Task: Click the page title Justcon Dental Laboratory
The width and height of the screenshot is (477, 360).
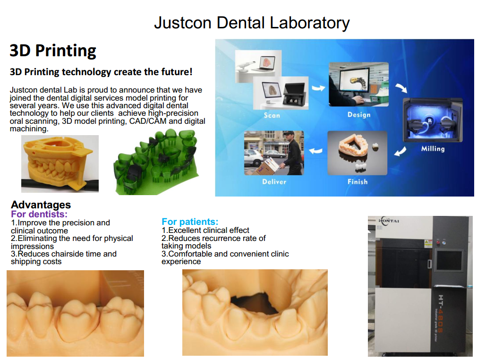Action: coord(252,23)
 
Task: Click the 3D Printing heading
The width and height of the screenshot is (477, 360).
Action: coord(53,51)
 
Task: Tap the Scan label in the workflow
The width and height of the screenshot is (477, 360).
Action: coord(272,115)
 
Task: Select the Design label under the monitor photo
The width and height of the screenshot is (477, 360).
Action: coord(359,115)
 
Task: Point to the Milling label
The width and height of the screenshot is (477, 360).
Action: coord(433,149)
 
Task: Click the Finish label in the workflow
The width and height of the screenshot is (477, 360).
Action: coord(358,182)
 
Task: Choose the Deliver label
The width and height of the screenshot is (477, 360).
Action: coord(274,182)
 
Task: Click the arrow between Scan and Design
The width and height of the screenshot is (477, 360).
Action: coord(318,88)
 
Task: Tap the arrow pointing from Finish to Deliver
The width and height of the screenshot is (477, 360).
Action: coord(316,151)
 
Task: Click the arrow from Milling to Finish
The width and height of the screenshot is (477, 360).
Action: coord(400,151)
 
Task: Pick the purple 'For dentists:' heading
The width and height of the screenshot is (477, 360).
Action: coord(39,214)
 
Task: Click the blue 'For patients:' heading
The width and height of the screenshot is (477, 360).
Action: coord(190,222)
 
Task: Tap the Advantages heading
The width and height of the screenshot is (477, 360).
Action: coord(41,205)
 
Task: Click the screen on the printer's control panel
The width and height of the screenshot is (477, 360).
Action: coord(449,260)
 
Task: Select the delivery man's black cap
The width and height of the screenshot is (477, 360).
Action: coord(289,134)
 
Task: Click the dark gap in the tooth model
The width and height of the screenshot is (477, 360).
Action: coord(255,303)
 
